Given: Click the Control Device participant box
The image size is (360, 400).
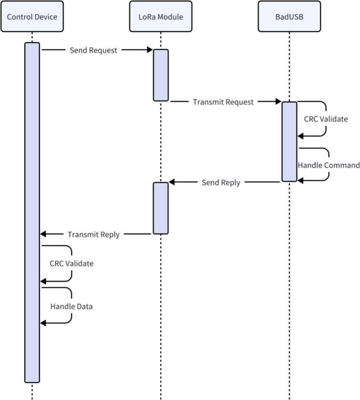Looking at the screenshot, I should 32,17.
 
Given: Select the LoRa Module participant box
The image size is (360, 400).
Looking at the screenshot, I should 160,17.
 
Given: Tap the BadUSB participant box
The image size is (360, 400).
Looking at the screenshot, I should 289,17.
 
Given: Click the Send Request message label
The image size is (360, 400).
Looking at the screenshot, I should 94,50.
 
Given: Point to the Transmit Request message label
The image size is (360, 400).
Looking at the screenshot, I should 223,102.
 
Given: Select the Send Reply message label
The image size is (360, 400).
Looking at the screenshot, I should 221,182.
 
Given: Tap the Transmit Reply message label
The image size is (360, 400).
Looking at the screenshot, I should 94,234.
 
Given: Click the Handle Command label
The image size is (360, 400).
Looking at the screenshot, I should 328,165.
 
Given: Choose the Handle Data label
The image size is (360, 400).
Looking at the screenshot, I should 71,306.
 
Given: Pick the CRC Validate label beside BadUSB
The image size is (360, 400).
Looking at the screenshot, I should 326,119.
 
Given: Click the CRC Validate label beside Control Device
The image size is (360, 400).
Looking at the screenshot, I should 71,263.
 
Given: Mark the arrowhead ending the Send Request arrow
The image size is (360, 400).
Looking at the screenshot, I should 149,50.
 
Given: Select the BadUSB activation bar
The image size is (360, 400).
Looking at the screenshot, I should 289,141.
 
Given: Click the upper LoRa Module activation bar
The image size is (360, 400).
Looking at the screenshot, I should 161,75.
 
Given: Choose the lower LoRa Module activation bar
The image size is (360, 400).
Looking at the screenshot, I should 161,208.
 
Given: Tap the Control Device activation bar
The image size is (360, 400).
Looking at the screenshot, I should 32,212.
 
